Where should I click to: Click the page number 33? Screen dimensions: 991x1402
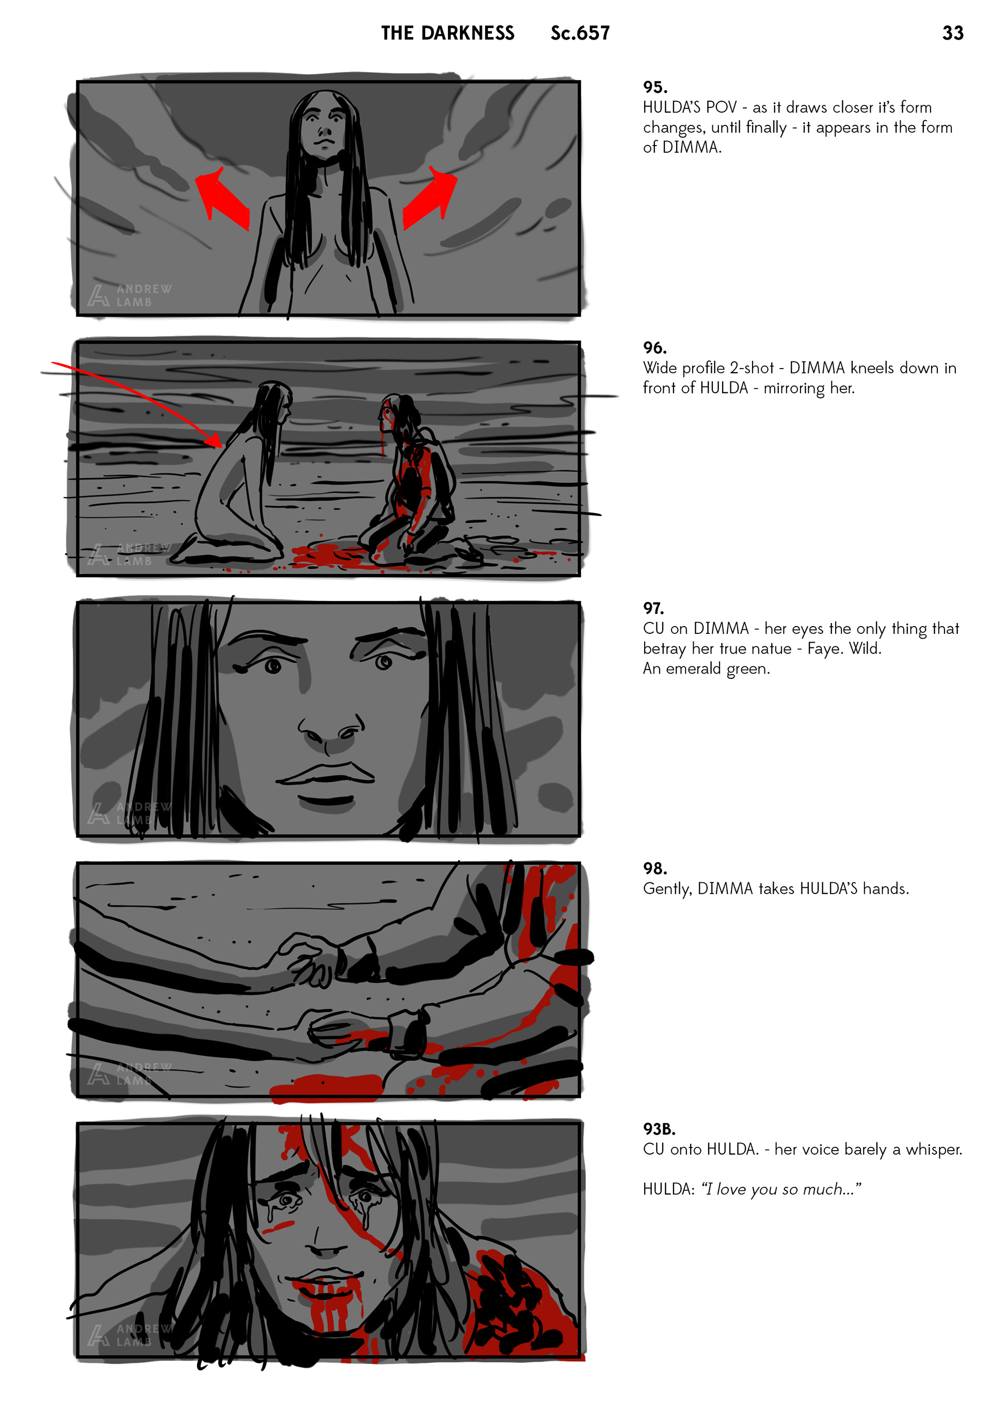pos(952,33)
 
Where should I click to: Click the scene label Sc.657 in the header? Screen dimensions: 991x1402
pos(580,33)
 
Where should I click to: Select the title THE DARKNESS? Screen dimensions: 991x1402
pos(447,33)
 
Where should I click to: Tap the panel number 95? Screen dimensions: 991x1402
pos(654,87)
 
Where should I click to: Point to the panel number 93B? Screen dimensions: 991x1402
pos(659,1128)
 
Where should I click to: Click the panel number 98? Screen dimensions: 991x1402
pos(654,868)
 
